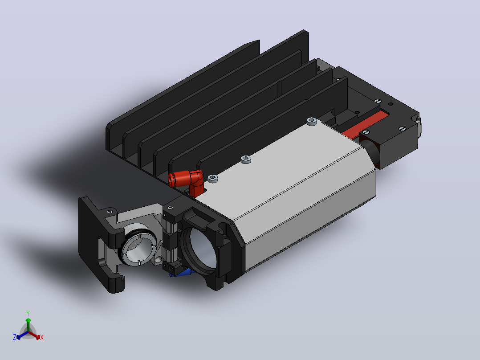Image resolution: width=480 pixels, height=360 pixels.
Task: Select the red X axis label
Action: click(42, 337)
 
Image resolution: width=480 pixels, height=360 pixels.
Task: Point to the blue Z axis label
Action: click(14, 337)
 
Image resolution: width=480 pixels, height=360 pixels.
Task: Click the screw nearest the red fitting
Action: click(213, 178)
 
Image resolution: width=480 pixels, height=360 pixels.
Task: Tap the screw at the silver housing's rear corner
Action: click(312, 121)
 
